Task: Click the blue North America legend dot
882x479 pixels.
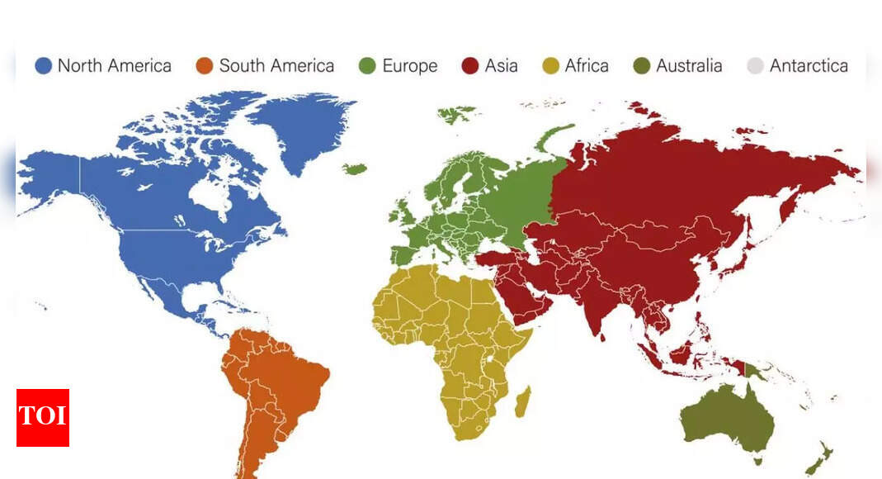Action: click(x=44, y=66)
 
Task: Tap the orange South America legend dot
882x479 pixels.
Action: click(x=205, y=66)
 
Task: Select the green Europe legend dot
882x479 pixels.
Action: click(x=368, y=66)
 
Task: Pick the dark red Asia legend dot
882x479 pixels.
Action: click(x=471, y=66)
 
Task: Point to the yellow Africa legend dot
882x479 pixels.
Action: click(x=550, y=66)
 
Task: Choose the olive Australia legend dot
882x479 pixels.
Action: click(x=643, y=66)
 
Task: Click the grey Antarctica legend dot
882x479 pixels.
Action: click(x=755, y=66)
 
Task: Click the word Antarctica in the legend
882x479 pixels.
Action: click(x=809, y=66)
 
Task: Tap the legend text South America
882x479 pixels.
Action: click(x=276, y=66)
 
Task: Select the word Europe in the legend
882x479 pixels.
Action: click(x=409, y=66)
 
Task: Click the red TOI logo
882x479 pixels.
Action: click(x=43, y=417)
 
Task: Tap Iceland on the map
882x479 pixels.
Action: click(x=355, y=169)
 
